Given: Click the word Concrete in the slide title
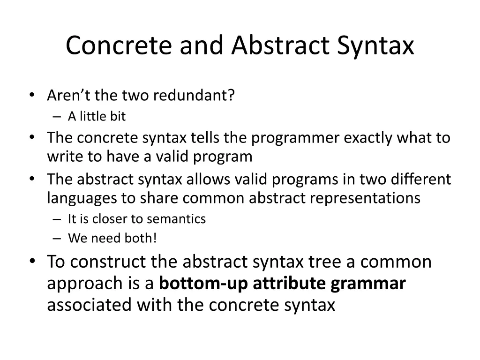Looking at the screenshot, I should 120,46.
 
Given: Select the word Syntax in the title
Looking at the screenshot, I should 375,46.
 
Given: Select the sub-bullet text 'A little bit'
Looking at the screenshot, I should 97,116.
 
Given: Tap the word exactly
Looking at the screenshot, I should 368,138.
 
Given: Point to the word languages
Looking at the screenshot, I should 82,198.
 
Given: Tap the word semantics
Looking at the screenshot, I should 176,219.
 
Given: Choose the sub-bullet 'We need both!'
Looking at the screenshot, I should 112,238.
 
